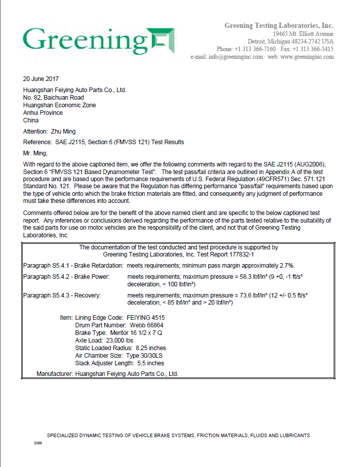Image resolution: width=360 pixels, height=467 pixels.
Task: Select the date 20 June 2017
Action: click(41, 79)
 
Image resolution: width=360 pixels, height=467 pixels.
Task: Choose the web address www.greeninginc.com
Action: click(307, 57)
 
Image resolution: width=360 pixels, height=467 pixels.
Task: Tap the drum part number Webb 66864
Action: click(144, 325)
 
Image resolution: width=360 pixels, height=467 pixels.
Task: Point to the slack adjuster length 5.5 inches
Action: click(149, 363)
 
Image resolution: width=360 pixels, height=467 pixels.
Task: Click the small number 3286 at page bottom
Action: click(37, 443)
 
